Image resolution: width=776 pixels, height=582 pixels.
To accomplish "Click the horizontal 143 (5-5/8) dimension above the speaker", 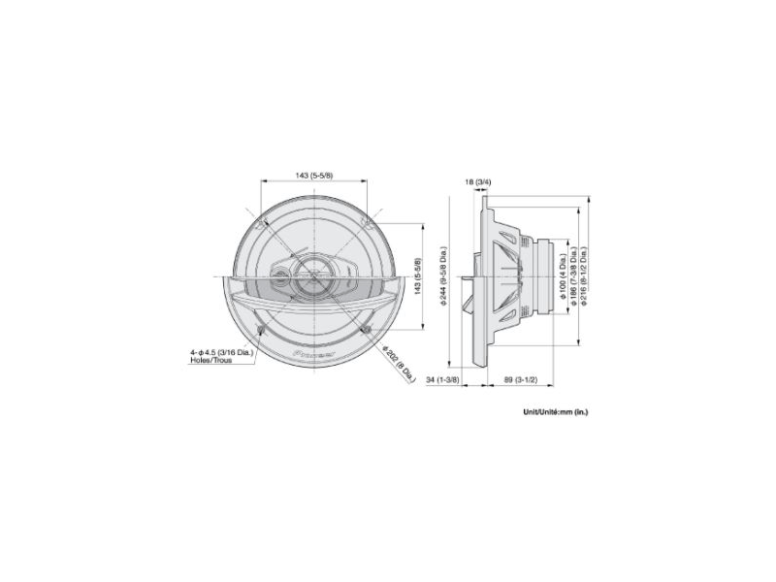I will click(x=313, y=175).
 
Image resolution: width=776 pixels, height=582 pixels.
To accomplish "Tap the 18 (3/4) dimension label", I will click(x=478, y=181).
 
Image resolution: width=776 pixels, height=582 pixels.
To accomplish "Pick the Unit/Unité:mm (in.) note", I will click(x=555, y=411).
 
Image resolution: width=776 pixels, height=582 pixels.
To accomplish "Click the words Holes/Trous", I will click(x=211, y=361).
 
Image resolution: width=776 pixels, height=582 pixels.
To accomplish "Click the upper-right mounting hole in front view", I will click(x=366, y=225).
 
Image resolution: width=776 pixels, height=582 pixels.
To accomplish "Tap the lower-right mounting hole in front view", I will click(x=366, y=332).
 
